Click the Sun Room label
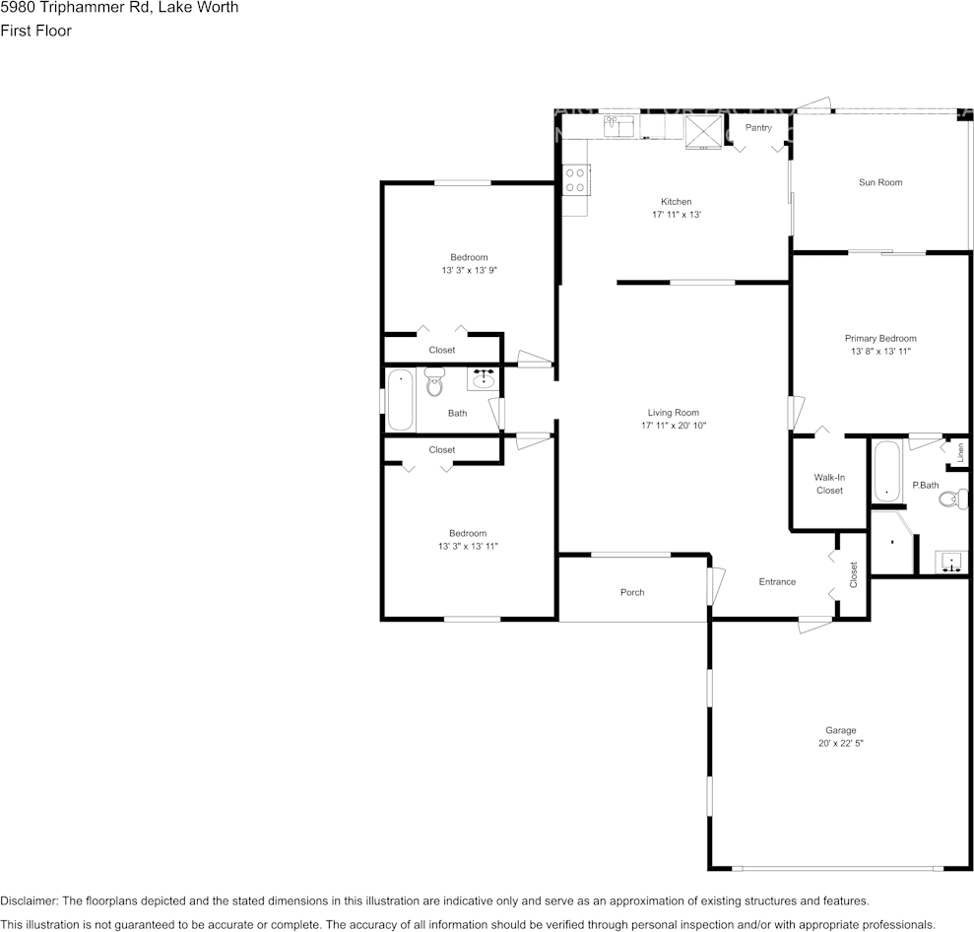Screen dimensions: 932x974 (879, 182)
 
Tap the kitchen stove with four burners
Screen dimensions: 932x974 (575, 179)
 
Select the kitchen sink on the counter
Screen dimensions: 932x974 (618, 125)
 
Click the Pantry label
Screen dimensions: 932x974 (758, 128)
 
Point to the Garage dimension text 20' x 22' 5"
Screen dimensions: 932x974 (840, 744)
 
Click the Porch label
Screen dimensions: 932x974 (632, 592)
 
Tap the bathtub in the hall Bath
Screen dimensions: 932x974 (400, 399)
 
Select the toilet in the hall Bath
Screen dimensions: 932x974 (434, 382)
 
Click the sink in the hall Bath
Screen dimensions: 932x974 (483, 378)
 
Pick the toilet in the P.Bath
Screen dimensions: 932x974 (950, 499)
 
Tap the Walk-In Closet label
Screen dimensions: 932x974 (829, 484)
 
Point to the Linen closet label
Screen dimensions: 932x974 (960, 452)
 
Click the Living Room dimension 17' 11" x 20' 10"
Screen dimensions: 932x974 (674, 426)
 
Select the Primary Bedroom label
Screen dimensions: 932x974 (879, 338)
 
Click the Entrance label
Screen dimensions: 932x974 (777, 581)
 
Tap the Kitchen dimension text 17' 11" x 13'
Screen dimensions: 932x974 (676, 215)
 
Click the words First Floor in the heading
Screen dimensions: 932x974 (35, 31)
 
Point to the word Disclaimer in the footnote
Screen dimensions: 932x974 (29, 900)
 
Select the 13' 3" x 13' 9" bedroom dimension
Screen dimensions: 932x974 (469, 270)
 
